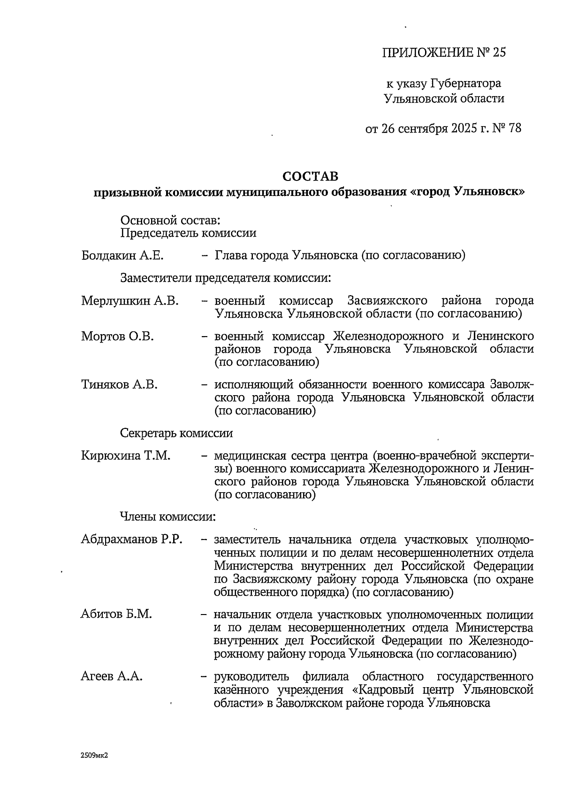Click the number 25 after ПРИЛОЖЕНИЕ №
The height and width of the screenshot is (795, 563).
coord(499,52)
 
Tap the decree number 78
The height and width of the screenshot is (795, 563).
coord(514,128)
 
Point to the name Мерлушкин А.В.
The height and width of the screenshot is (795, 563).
coord(130,300)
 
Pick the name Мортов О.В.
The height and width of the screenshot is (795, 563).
coord(117,337)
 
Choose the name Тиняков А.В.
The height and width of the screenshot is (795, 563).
coord(119,385)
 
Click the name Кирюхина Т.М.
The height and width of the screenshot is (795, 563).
coord(125,456)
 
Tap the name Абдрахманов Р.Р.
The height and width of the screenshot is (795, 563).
coord(131,539)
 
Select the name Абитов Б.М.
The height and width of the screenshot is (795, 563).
coord(116,614)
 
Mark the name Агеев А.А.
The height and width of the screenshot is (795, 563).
coord(112,676)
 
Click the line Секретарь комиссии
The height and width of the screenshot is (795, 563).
coord(176,433)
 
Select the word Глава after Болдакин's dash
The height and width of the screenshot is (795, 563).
coord(230,255)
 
